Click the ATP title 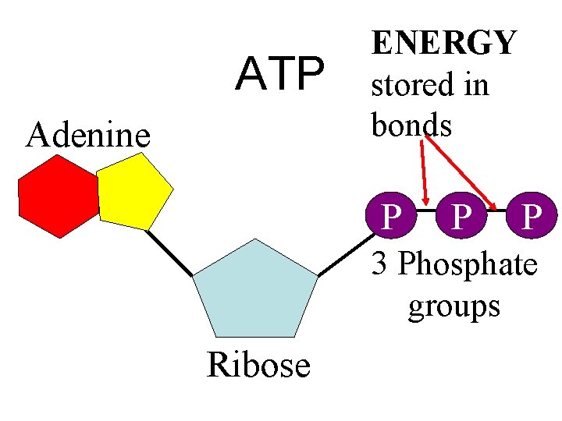pyautogui.click(x=280, y=73)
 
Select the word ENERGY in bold pyautogui.click(x=443, y=43)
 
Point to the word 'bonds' pyautogui.click(x=411, y=125)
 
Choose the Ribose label pyautogui.click(x=258, y=364)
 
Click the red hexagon pyautogui.click(x=59, y=196)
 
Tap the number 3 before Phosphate pyautogui.click(x=380, y=264)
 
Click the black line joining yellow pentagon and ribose pyautogui.click(x=169, y=252)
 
